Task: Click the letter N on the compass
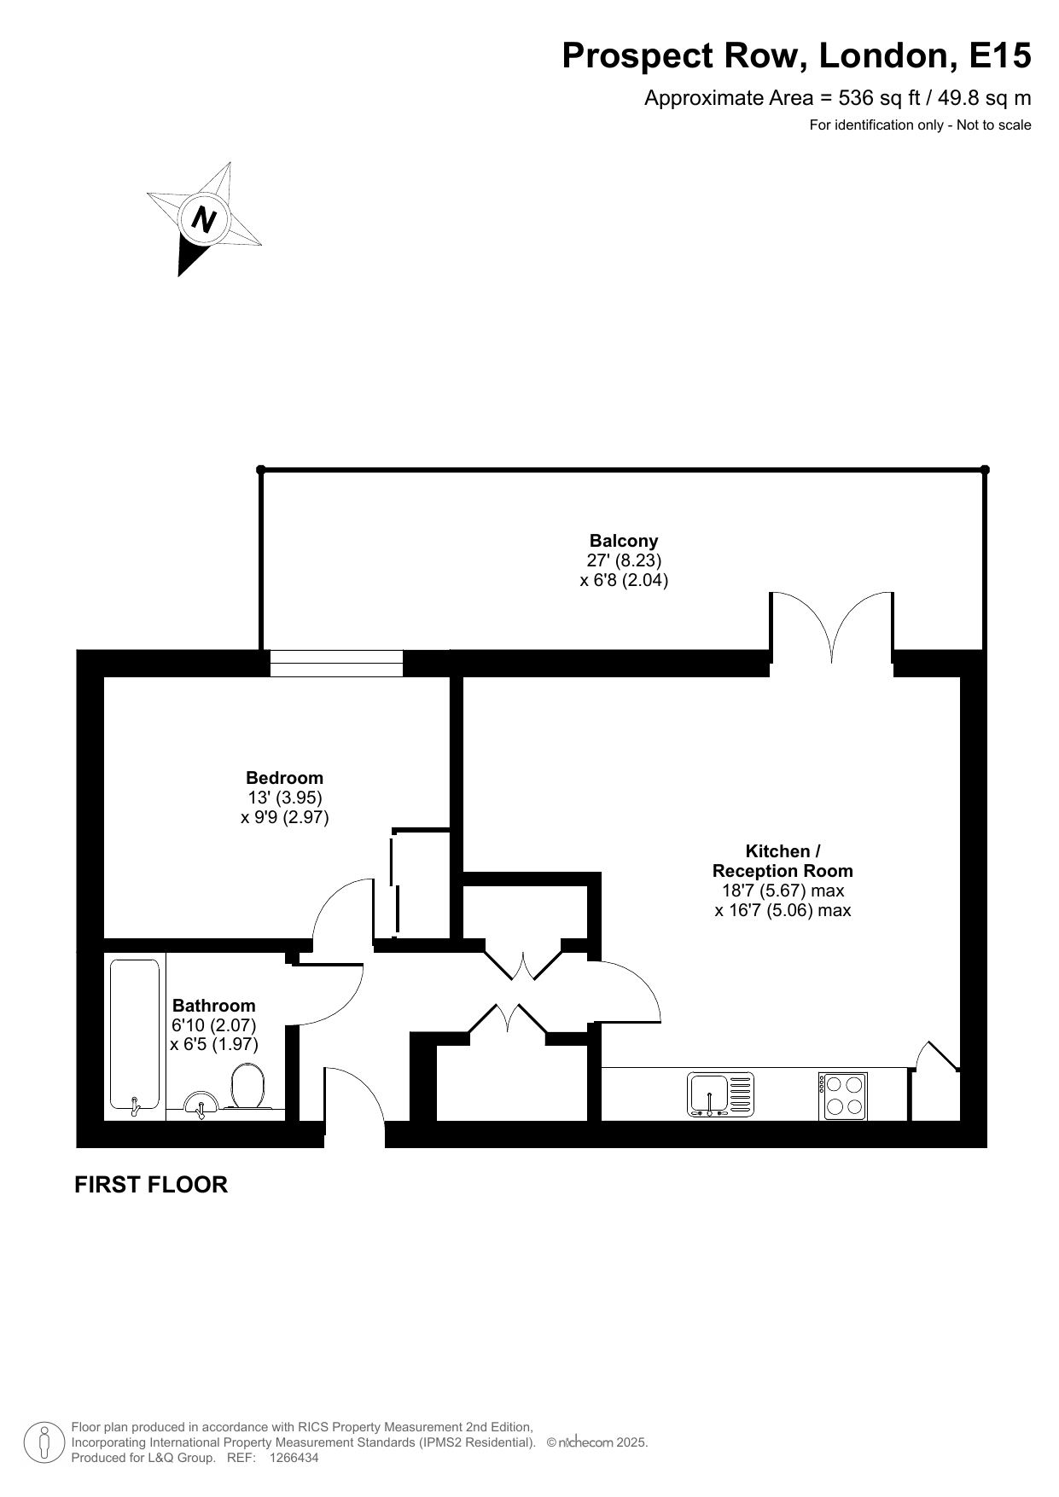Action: [203, 219]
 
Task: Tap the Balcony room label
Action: [624, 541]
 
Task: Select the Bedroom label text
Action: [284, 778]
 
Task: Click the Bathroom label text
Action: [213, 1006]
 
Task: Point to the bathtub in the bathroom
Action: [135, 1037]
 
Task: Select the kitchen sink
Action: [721, 1094]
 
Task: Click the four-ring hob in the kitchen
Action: [843, 1096]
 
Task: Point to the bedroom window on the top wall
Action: [336, 664]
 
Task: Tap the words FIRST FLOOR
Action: [151, 1185]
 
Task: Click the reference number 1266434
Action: [294, 1459]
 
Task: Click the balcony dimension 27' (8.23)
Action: [624, 560]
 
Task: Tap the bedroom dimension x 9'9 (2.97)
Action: [285, 817]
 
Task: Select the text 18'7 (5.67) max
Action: [783, 891]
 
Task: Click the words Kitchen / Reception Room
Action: [783, 861]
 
